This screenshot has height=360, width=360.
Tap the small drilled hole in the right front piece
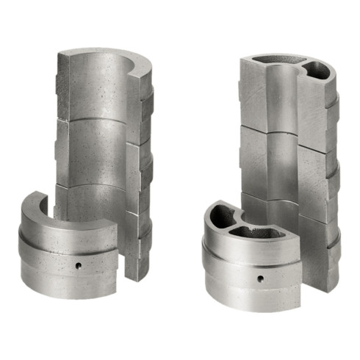(259, 278)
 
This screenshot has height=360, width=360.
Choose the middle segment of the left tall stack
(92, 151)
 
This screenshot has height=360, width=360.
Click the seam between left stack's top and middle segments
(92, 120)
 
